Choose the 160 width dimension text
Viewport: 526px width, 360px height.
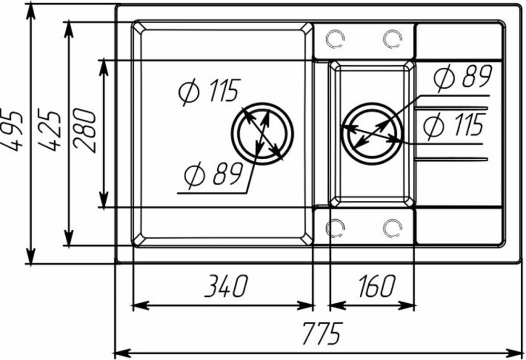[376, 286]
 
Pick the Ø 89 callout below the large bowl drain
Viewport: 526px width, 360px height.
[213, 174]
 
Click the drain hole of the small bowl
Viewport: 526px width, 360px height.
[372, 131]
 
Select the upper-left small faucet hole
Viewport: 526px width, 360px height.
[335, 38]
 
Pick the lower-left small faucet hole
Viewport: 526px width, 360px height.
[335, 228]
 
